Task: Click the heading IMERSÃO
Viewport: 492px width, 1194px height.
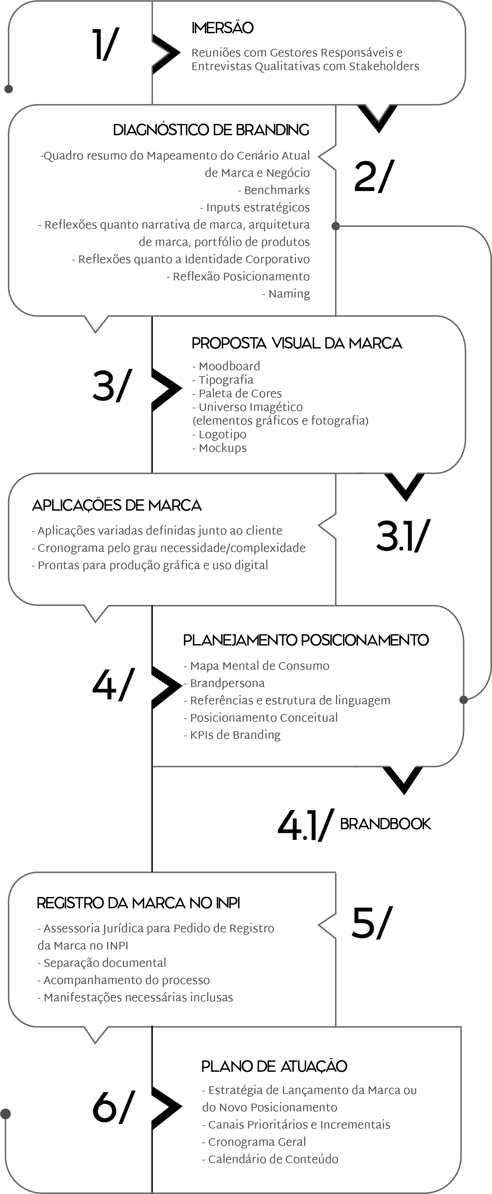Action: click(222, 28)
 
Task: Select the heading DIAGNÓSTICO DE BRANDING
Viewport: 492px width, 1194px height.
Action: click(211, 130)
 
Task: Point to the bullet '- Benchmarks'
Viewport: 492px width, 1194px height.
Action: click(274, 190)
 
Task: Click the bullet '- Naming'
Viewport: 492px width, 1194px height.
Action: click(286, 294)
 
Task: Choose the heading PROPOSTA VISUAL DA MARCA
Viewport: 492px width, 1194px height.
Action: click(296, 343)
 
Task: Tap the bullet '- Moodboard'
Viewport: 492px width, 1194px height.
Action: click(226, 366)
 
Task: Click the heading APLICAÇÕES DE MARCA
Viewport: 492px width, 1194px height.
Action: click(117, 505)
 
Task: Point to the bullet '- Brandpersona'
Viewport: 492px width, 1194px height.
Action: click(224, 683)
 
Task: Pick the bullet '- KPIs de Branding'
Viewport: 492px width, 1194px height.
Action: click(232, 735)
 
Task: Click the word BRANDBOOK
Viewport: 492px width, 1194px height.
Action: click(385, 824)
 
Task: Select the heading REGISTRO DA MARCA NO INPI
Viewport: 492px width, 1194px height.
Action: click(138, 903)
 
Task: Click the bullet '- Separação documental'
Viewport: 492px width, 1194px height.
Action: click(102, 963)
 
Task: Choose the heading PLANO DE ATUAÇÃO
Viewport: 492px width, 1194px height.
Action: click(274, 1066)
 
